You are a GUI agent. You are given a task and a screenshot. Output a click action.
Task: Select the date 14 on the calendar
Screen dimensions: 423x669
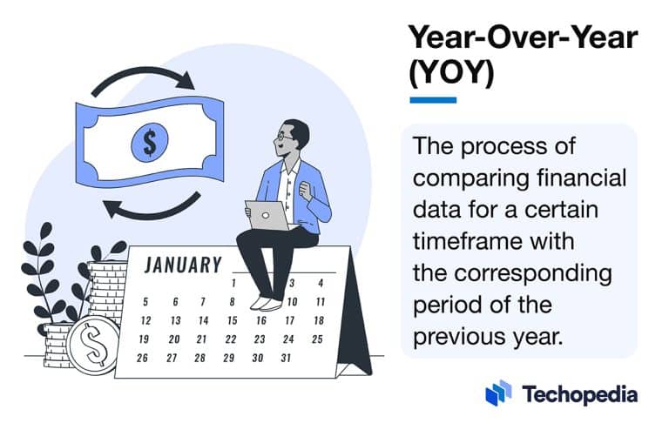coord(202,320)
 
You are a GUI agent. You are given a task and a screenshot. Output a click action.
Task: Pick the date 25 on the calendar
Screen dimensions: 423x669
coord(318,339)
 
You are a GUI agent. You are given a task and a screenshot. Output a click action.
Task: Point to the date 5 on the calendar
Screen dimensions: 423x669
coord(145,302)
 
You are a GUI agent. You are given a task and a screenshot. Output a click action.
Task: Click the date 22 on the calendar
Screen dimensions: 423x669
coord(231,339)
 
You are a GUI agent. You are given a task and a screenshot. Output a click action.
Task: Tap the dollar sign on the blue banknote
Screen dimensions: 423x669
coord(149,143)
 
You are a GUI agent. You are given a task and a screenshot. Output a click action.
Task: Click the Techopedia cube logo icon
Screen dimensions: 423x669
coord(498,393)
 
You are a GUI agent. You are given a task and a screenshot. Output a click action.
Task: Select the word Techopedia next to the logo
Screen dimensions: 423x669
coord(579,393)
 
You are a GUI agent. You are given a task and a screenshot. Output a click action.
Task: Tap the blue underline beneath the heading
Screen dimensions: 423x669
coord(433,100)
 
